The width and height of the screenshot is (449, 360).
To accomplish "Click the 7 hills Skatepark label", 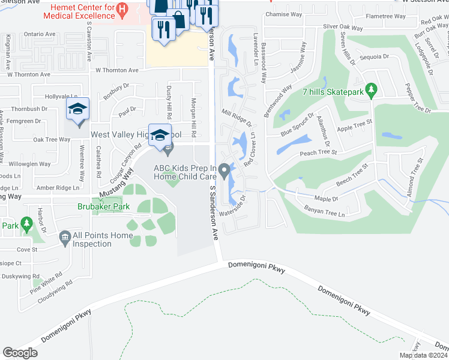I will click(x=333, y=92).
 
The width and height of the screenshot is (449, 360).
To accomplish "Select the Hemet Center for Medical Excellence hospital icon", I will click(x=122, y=9).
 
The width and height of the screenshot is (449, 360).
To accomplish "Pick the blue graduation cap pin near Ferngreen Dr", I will click(x=77, y=109).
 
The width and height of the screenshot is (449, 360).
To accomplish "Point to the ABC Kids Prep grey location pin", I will click(x=224, y=172).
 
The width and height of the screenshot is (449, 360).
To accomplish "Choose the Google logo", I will click(x=20, y=353).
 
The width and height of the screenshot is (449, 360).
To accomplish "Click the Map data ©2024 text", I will click(x=423, y=355).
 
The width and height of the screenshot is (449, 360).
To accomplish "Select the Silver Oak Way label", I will click(x=343, y=28).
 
